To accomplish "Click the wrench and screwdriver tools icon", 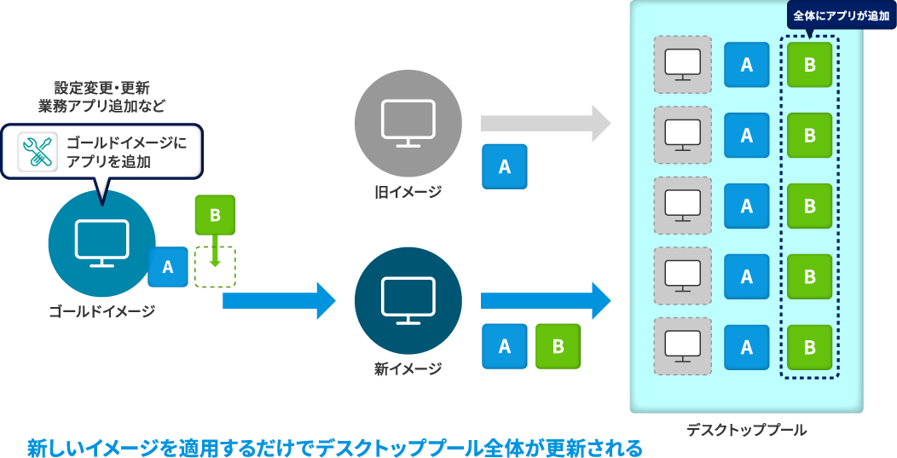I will tap(37, 152).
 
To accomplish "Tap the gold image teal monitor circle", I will tap(101, 243).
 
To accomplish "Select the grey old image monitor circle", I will tap(408, 124).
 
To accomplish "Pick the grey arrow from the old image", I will tap(546, 124).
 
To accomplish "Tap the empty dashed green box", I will tap(215, 268).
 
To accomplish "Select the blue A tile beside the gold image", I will tap(168, 267).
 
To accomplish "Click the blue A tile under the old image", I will tap(504, 166).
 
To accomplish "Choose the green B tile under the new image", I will tap(558, 346).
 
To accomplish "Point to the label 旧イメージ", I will tap(408, 193).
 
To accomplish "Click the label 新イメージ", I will tap(408, 370).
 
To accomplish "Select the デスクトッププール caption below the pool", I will tap(746, 430).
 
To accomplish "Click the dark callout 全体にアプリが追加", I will tap(841, 15).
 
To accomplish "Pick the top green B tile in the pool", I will tap(809, 65).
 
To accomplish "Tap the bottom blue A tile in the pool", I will tap(746, 347).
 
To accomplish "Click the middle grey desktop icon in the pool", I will tap(682, 206).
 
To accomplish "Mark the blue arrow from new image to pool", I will tap(546, 300).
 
